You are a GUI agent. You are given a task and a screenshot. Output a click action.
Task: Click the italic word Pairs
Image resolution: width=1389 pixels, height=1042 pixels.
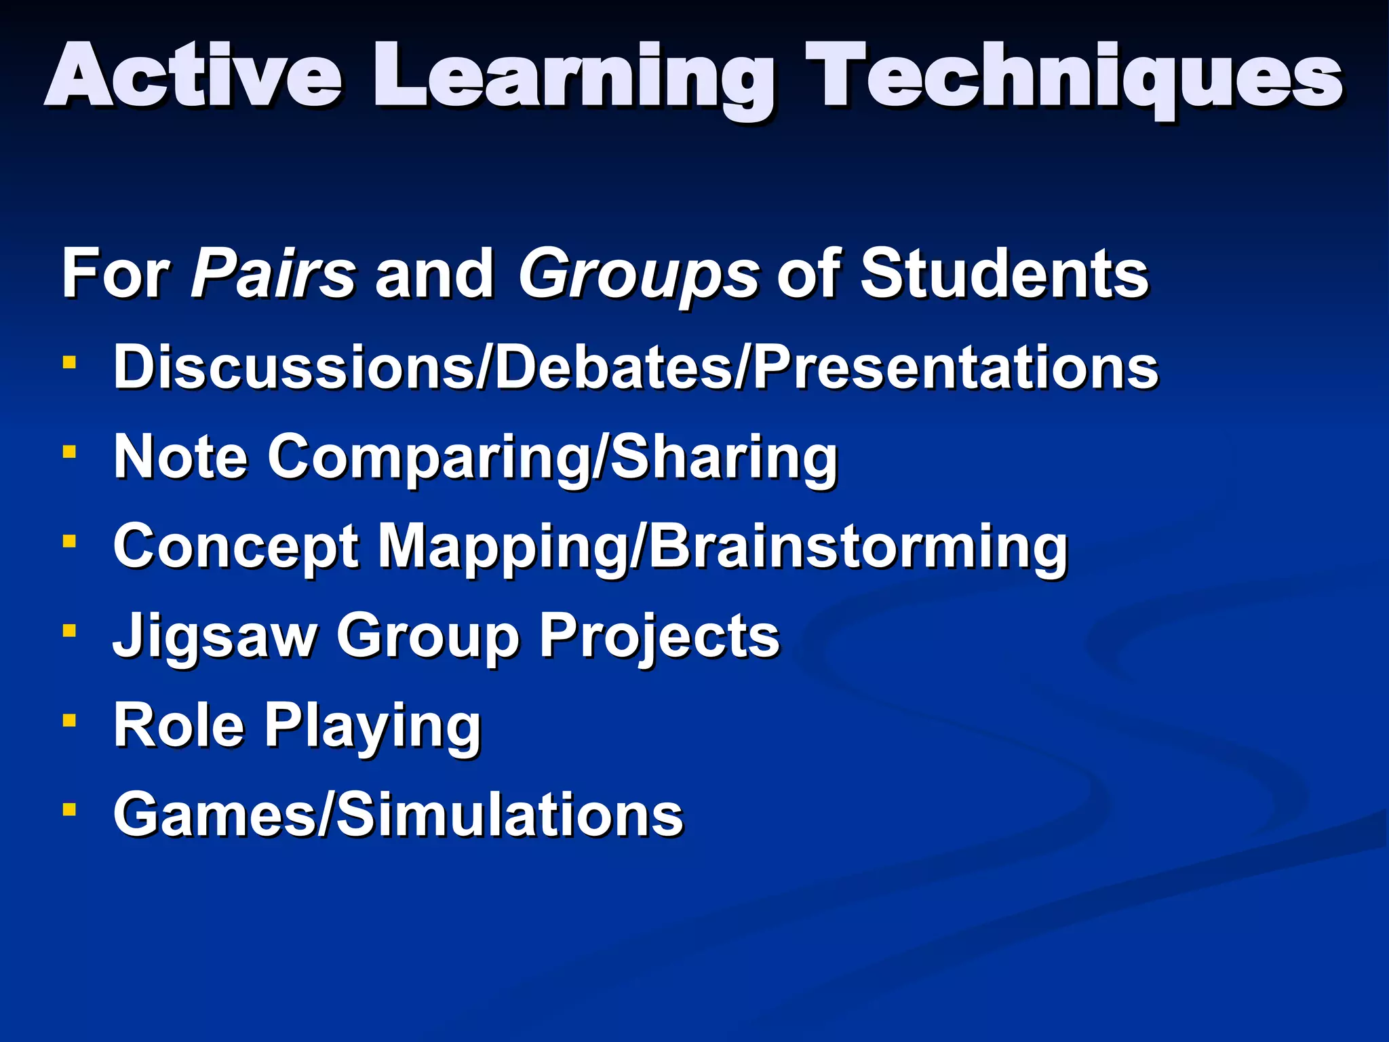click(x=273, y=273)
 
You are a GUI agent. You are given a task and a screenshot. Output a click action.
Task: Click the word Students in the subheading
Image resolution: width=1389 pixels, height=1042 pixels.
click(x=1004, y=273)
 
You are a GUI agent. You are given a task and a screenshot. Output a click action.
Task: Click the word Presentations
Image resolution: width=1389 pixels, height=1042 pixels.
click(x=956, y=367)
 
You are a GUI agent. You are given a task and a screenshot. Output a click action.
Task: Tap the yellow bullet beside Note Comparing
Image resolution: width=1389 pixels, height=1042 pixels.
click(x=69, y=451)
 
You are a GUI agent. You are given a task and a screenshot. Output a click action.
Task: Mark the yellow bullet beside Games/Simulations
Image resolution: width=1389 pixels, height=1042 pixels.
click(x=69, y=809)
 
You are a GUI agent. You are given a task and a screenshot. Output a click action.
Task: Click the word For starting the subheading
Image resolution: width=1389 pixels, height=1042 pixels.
click(x=115, y=273)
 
